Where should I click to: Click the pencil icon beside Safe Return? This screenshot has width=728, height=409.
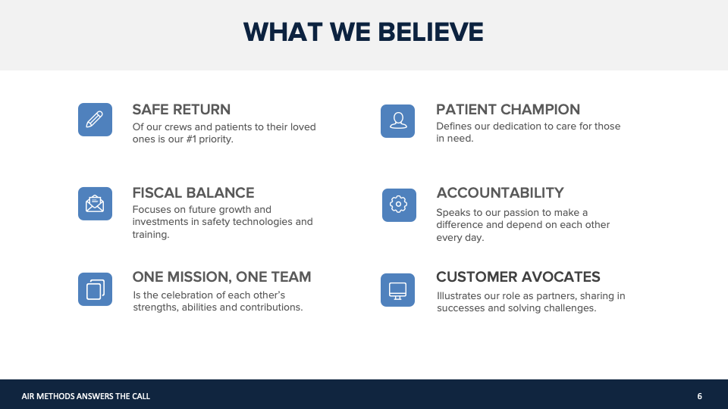point(95,120)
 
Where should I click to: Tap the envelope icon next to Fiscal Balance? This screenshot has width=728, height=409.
point(95,204)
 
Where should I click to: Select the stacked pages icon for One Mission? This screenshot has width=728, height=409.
point(95,289)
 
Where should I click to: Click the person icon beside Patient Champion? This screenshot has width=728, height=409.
point(397,121)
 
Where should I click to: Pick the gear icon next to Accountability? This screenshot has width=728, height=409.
point(399,205)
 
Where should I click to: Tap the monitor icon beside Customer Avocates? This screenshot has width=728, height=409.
point(397,290)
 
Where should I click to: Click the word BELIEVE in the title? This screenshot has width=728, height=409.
point(431,33)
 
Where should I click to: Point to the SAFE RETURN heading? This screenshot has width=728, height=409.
point(181,109)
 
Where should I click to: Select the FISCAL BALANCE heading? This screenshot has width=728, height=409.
point(193,192)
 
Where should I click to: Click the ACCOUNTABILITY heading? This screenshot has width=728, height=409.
point(500,192)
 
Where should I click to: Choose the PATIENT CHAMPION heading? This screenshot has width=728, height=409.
point(508,109)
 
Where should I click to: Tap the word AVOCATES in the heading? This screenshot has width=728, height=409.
point(561,277)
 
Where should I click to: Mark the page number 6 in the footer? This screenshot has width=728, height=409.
point(700,396)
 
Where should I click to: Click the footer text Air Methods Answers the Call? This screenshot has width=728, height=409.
point(86,396)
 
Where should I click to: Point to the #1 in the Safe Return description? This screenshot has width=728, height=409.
point(191,139)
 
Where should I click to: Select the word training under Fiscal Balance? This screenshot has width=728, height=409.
point(151,235)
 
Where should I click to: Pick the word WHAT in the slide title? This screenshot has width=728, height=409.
point(283,33)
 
